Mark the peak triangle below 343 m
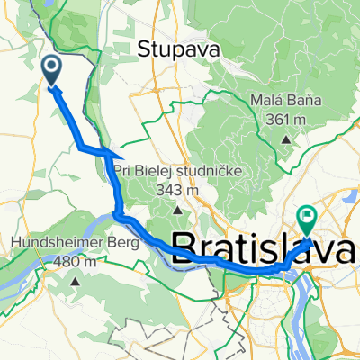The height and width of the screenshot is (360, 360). pos(177,211)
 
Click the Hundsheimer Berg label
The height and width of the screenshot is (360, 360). pos(75,241)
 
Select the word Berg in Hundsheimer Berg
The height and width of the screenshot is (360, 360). pos(122,241)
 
